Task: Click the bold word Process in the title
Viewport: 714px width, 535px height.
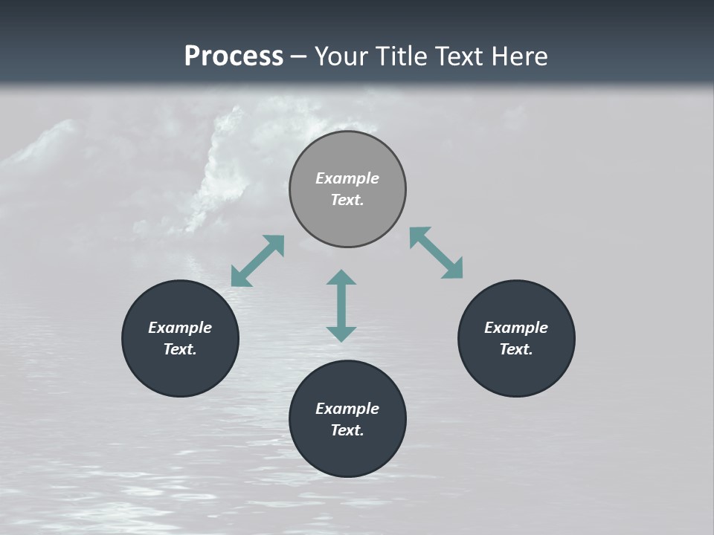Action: pos(234,56)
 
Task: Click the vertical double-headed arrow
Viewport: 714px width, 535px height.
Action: pos(341,305)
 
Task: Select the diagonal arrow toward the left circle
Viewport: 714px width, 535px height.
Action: pos(257,261)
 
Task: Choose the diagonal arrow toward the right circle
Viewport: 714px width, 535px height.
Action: pos(436,253)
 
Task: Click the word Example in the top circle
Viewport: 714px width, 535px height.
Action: pos(347,178)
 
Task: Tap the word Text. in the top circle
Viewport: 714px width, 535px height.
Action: pos(347,200)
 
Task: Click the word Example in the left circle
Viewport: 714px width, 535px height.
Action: pos(180,328)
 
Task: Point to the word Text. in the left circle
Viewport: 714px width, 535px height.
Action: pos(180,349)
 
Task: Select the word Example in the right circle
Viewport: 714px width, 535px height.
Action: pos(516,328)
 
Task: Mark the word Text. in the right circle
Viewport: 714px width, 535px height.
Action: pos(516,349)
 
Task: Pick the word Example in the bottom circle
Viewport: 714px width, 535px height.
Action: pos(347,409)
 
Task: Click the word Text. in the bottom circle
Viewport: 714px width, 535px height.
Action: pos(347,430)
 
